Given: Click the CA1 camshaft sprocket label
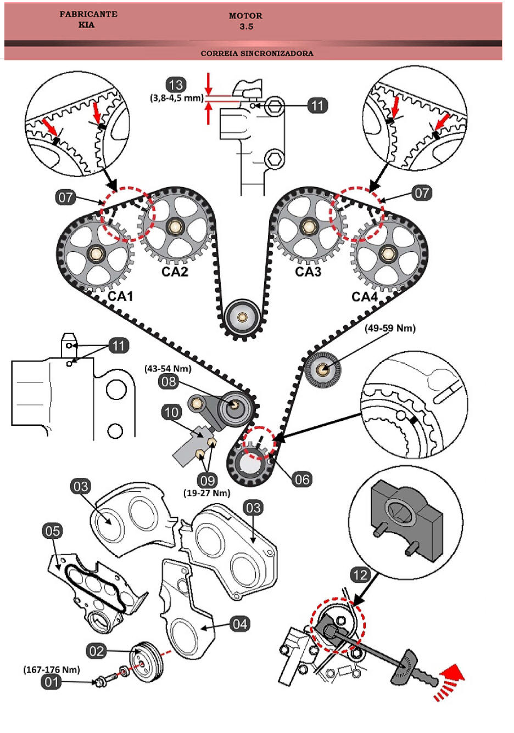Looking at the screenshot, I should (120, 296).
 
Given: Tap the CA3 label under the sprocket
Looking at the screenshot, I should (308, 272).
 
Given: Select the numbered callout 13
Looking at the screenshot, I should (176, 85).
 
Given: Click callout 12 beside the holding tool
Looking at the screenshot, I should (360, 575).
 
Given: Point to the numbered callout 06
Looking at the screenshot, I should (302, 480).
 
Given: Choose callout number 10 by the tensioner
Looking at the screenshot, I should (172, 412).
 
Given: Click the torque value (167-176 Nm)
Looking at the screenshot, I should (52, 669).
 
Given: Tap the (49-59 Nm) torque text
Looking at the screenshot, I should (390, 328).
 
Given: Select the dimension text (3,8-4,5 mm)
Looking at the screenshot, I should (177, 98).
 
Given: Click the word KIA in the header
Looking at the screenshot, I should (86, 25).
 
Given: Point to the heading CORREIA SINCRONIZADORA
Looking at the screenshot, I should (257, 53).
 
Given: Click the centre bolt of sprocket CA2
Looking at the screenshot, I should (175, 225).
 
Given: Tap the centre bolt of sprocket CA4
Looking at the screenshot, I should (388, 253).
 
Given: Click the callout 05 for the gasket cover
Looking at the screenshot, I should (53, 531).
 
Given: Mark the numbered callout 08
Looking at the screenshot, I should (169, 381).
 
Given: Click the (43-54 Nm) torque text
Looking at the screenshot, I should (168, 369).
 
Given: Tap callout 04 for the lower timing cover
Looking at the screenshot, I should (239, 624).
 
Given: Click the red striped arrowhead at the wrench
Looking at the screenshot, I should (449, 679).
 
